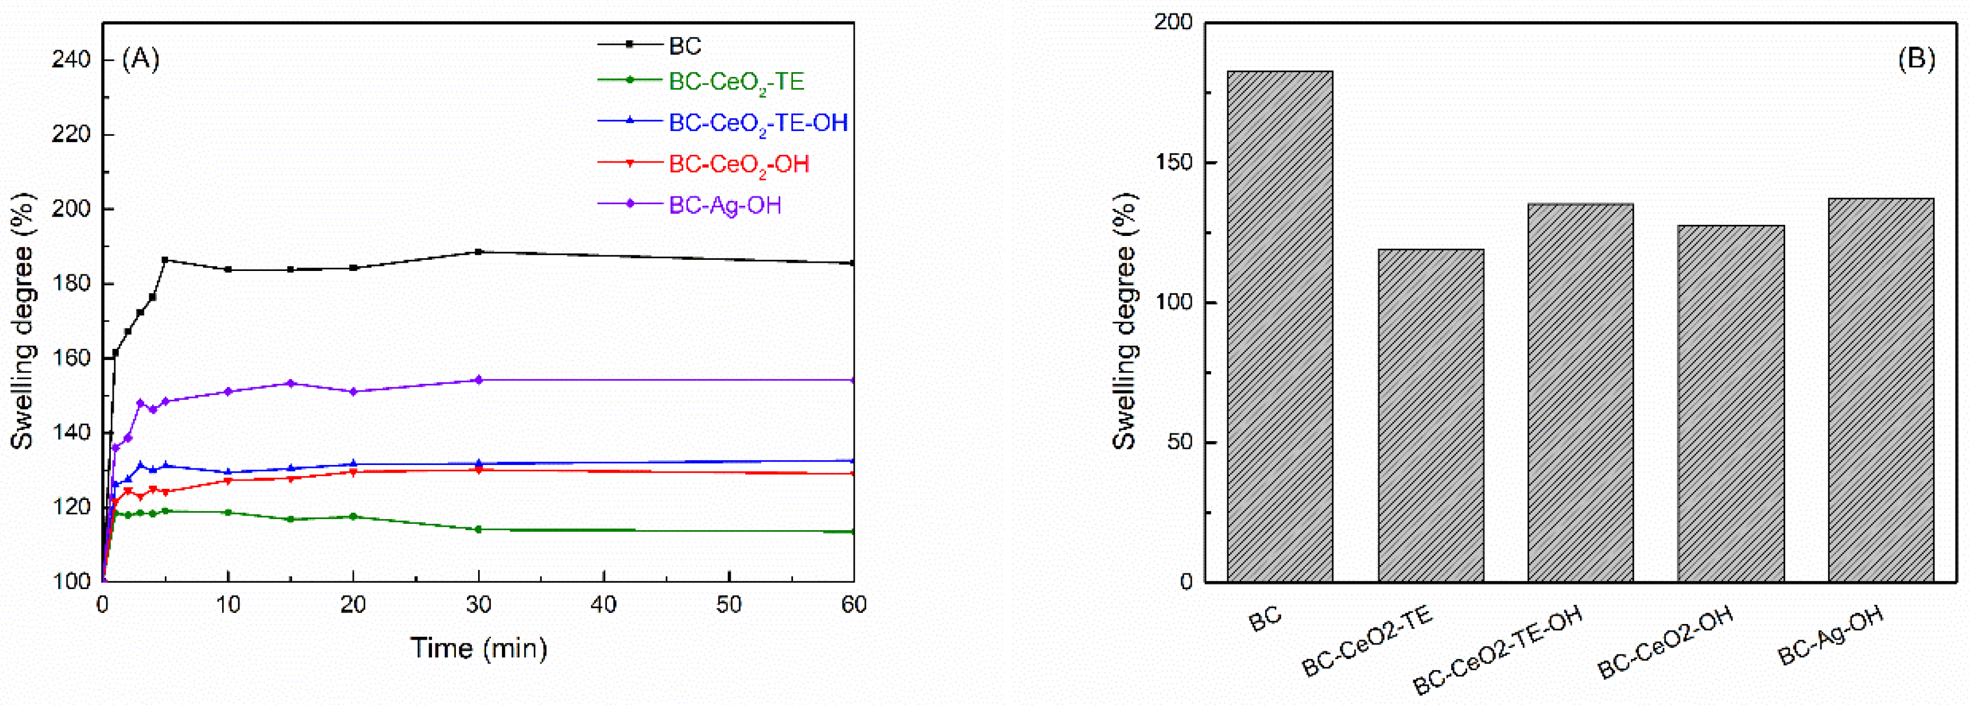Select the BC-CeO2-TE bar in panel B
(x=1431, y=415)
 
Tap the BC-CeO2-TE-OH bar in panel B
(x=1581, y=393)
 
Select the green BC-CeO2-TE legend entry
(x=736, y=82)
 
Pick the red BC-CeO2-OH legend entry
(x=738, y=164)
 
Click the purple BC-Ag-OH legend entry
(x=725, y=205)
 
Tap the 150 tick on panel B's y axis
(x=1174, y=163)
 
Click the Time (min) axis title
(x=479, y=648)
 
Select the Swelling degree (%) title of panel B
(x=1124, y=321)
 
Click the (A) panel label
(x=141, y=59)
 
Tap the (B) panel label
(x=1917, y=59)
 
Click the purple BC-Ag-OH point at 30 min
(x=479, y=380)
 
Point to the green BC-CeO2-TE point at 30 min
(x=479, y=529)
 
